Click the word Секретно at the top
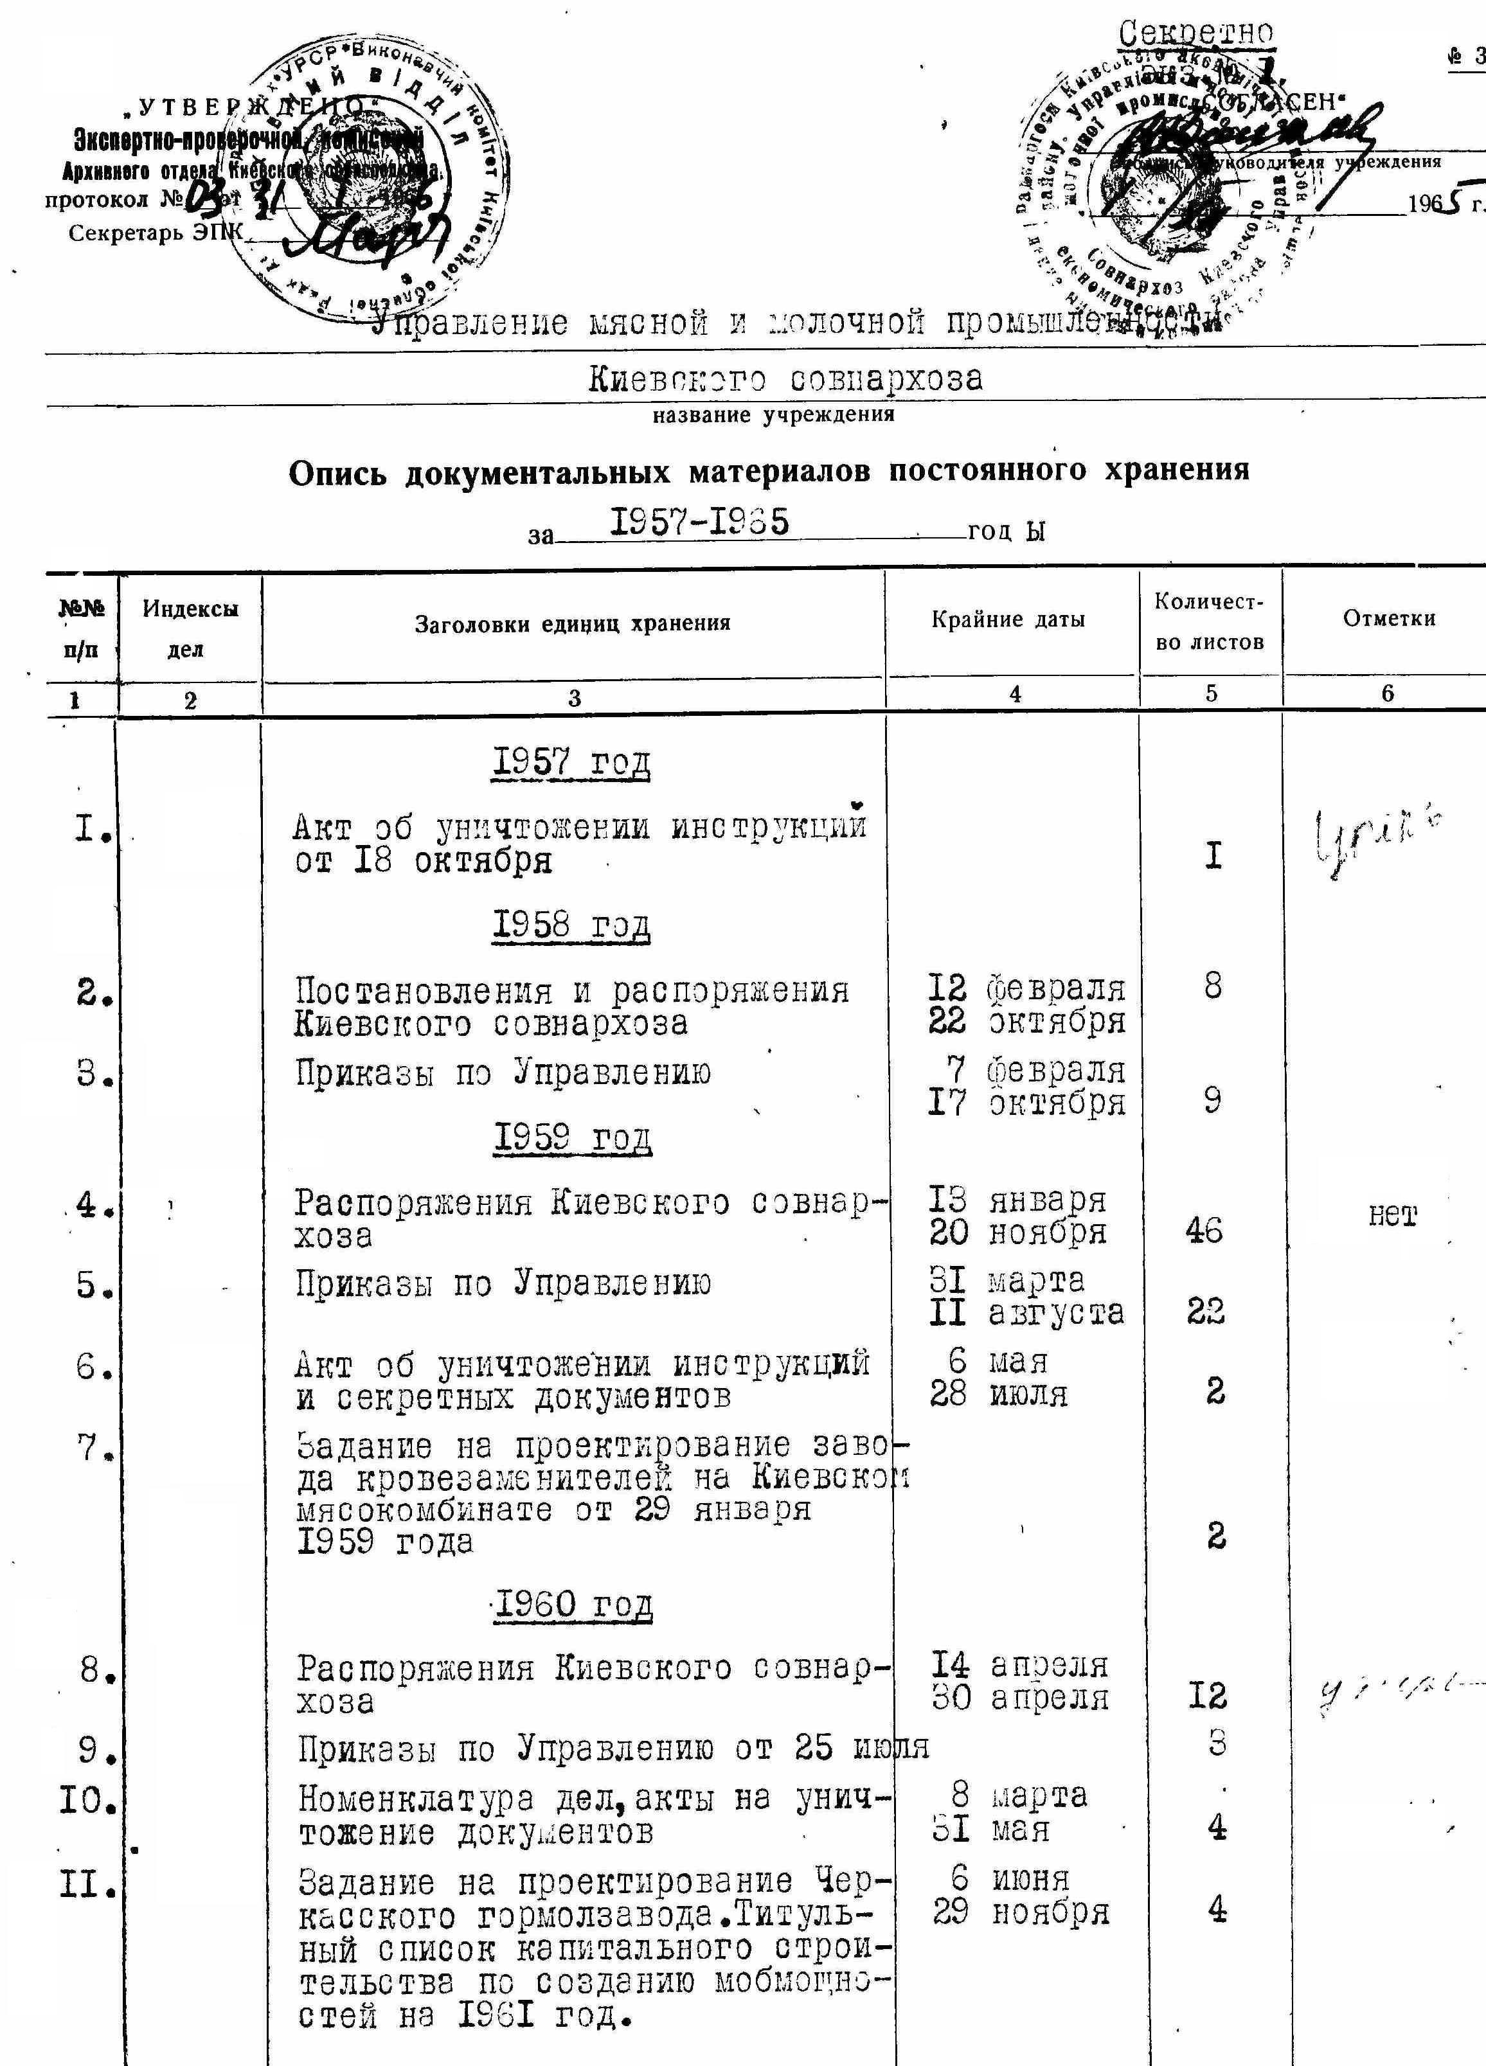click(1195, 35)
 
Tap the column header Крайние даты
click(1008, 620)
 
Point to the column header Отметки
click(1388, 619)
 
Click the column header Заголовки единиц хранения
click(572, 624)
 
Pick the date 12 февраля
click(1026, 988)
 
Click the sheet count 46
click(1204, 1232)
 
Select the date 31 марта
click(1006, 1280)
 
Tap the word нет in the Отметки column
click(1392, 1216)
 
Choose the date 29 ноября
click(1021, 1912)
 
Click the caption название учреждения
click(773, 415)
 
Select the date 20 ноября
click(1017, 1233)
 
